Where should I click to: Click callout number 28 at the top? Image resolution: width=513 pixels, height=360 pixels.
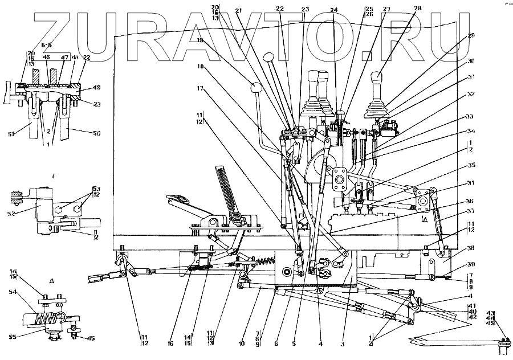pyautogui.click(x=418, y=8)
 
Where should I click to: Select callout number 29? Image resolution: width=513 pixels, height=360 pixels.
pyautogui.click(x=471, y=35)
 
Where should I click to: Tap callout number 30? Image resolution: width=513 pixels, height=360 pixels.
pyautogui.click(x=471, y=61)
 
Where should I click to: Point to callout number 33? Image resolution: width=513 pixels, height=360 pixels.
pyautogui.click(x=470, y=117)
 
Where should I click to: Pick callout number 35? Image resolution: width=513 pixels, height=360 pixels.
pyautogui.click(x=471, y=166)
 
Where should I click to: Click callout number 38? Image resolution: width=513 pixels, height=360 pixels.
pyautogui.click(x=471, y=249)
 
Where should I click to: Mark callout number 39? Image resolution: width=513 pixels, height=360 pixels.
pyautogui.click(x=471, y=264)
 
